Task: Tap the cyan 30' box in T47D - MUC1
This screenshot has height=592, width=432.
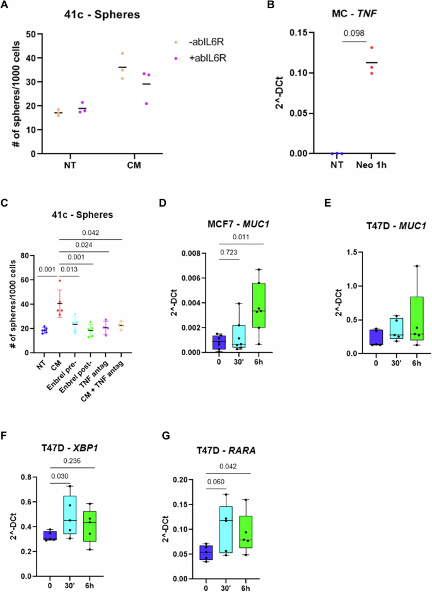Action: coord(377,328)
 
